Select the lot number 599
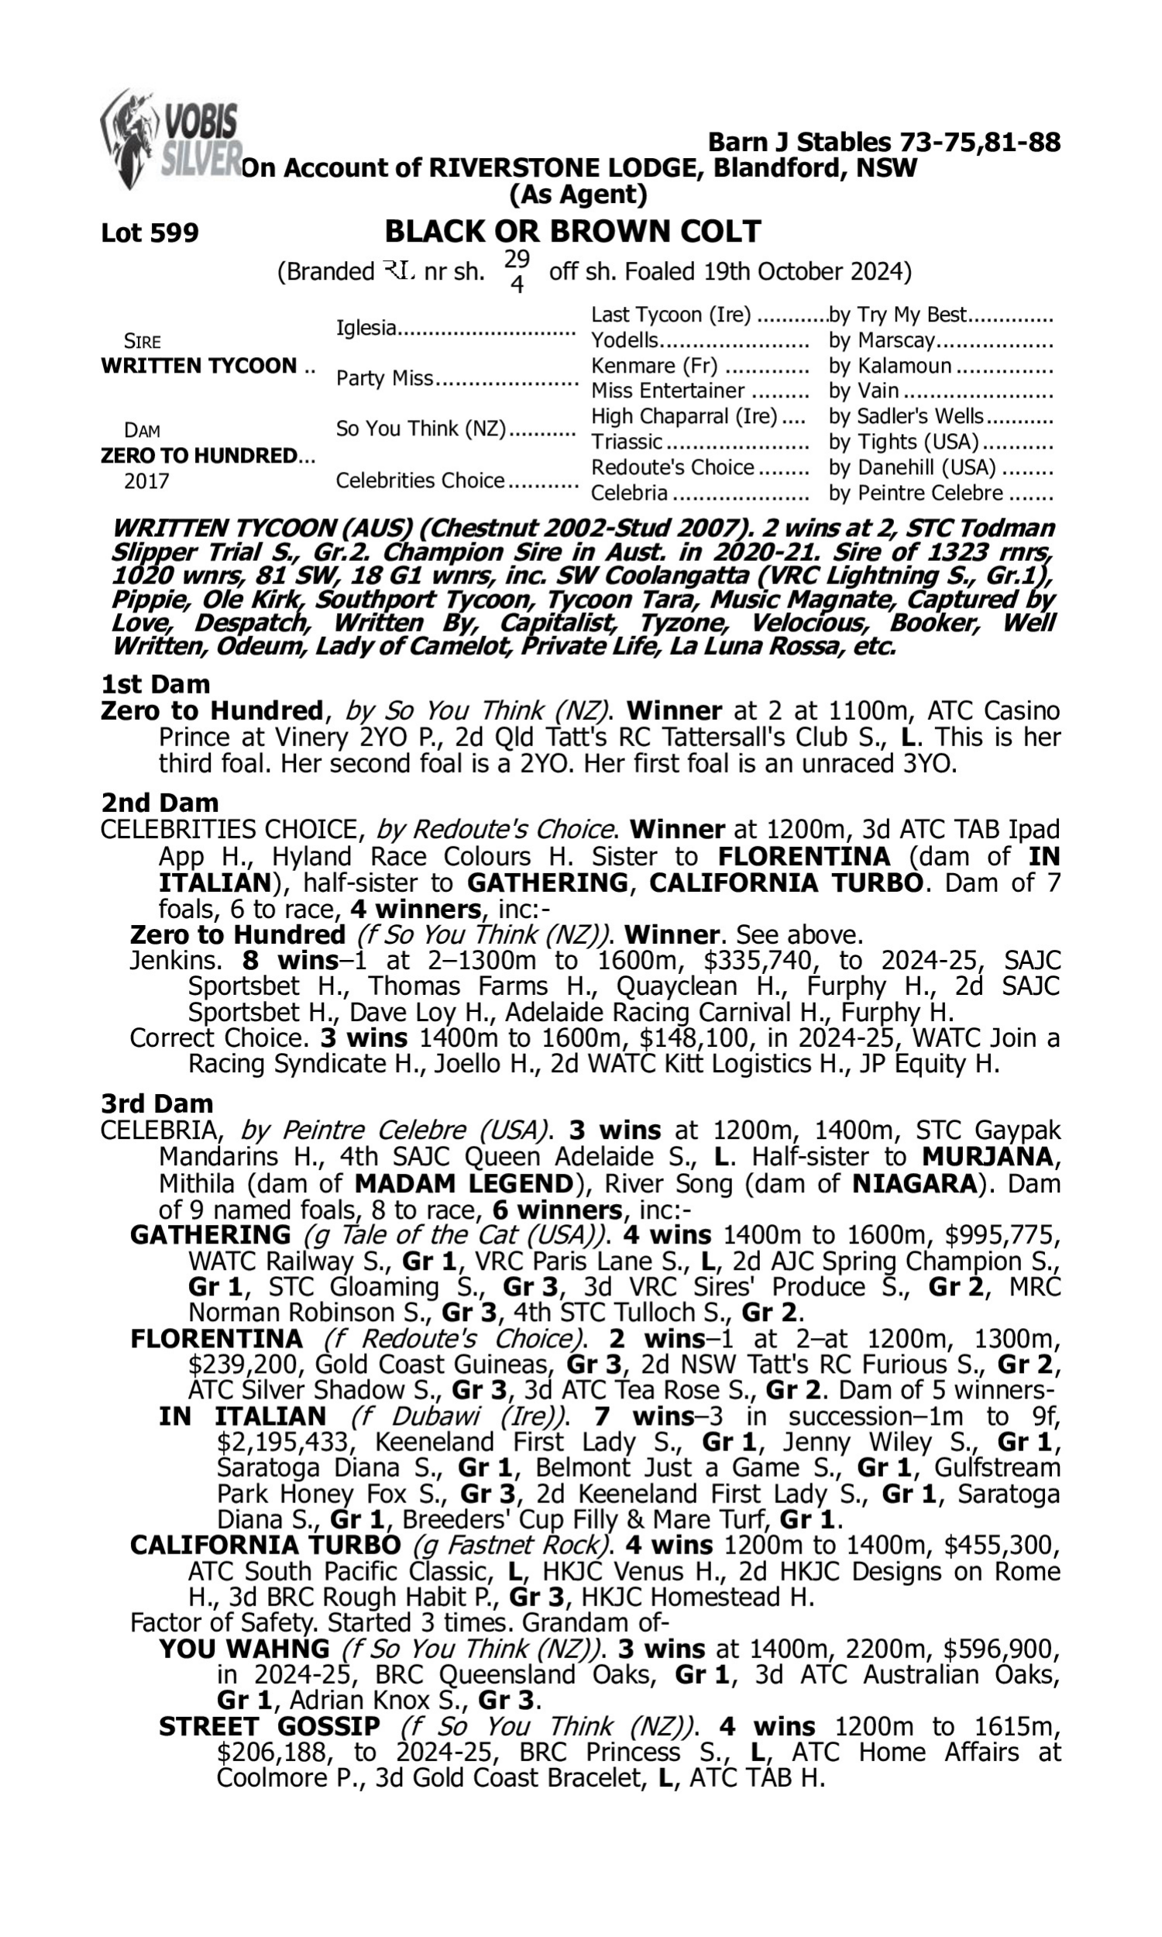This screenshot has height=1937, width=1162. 150,232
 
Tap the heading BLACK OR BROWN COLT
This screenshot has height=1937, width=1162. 572,231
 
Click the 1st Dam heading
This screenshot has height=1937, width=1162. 155,684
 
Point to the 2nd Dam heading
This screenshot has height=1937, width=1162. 160,803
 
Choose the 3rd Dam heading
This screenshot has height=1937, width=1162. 156,1104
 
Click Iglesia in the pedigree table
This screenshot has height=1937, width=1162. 366,328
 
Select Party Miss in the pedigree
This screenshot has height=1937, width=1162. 383,378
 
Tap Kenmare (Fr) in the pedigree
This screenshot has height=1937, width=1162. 655,366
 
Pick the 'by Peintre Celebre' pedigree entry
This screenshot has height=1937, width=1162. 916,494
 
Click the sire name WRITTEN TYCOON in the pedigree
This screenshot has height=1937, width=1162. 199,366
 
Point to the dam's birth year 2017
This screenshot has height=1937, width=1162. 147,480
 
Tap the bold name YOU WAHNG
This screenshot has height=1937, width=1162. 243,1649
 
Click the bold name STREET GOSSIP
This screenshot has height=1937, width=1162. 270,1726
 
